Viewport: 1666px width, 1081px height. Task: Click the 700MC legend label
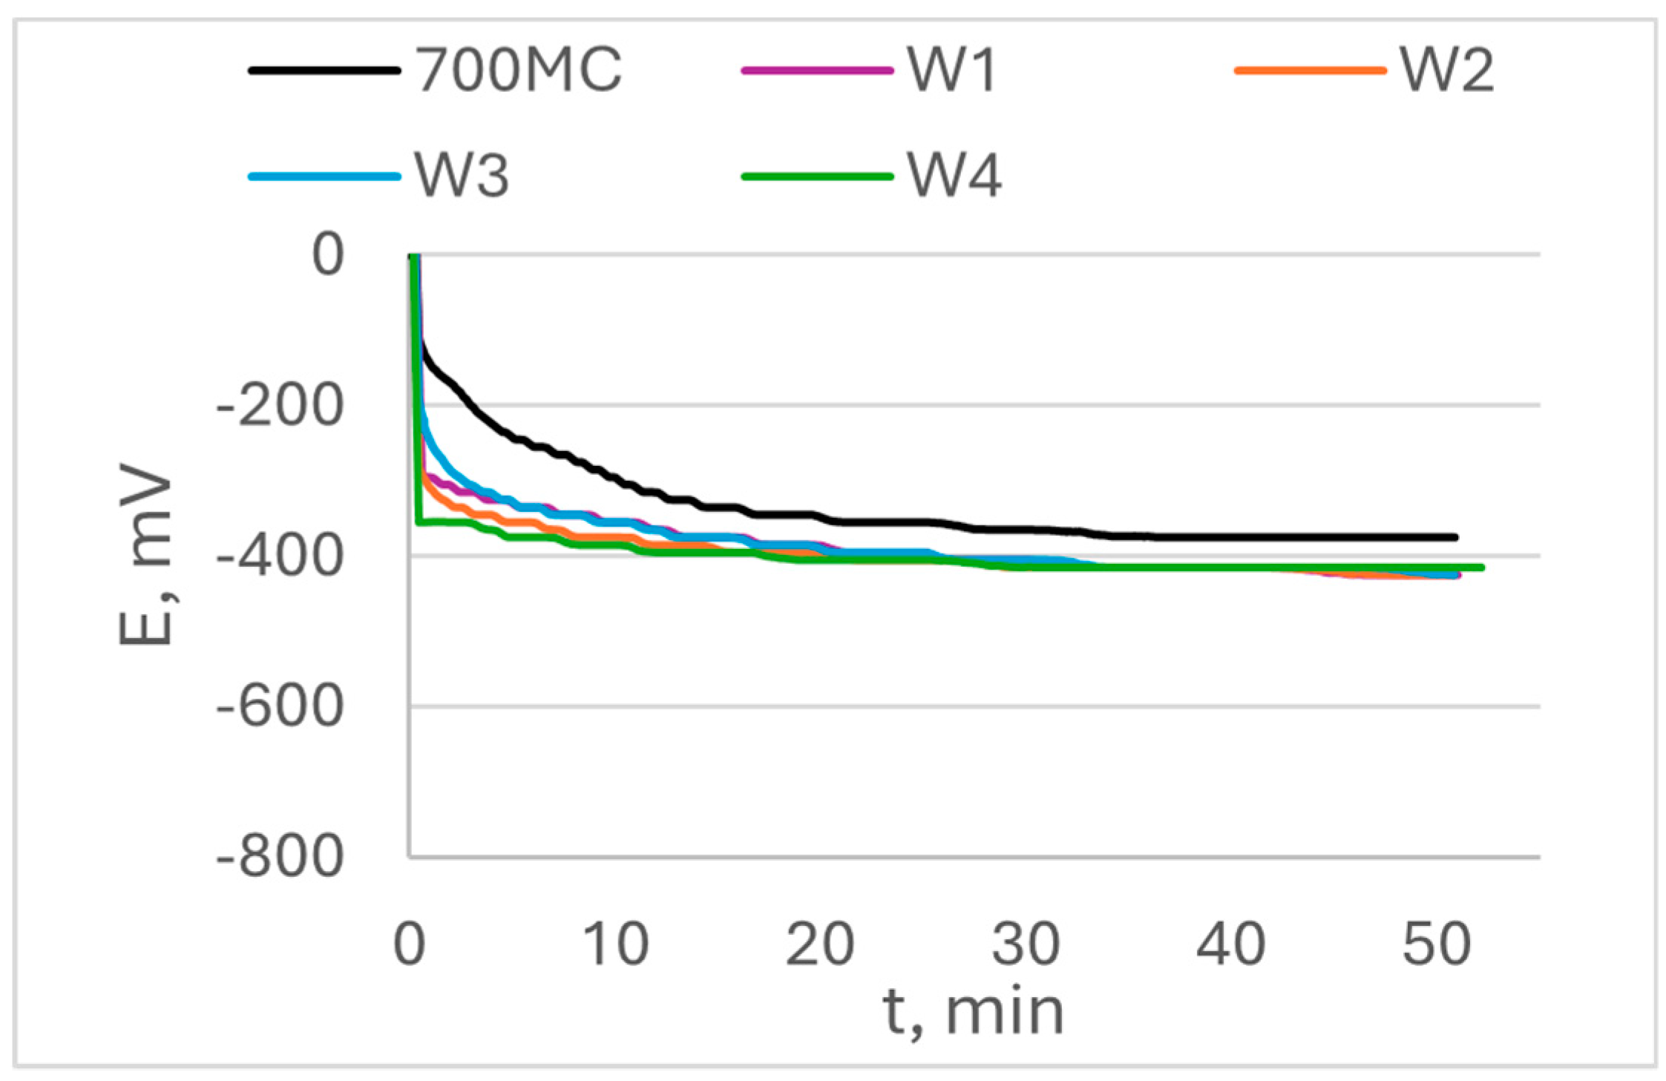pos(518,70)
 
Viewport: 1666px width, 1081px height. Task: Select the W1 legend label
pos(952,70)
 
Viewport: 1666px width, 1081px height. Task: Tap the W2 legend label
pos(1446,70)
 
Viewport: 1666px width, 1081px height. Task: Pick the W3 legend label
pos(462,177)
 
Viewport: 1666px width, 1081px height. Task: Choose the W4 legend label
pos(954,177)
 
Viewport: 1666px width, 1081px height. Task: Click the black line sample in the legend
pos(324,70)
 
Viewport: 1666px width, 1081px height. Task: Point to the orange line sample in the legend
pos(1310,70)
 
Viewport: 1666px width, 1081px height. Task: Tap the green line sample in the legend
pos(817,177)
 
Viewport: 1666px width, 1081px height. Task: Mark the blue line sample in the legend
pos(324,177)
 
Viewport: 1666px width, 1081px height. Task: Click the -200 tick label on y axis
pos(281,406)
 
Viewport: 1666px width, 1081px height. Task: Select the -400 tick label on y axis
pos(281,556)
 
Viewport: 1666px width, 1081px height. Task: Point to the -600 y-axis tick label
pos(281,707)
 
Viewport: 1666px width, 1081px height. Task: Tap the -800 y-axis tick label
pos(281,858)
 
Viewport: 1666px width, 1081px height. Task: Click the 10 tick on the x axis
pos(615,944)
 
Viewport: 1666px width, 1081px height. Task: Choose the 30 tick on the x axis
pos(1026,944)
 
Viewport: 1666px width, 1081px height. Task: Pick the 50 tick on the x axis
pos(1436,944)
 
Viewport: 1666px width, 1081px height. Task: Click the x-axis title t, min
pos(974,1012)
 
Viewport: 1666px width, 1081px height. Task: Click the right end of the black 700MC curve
pos(1455,537)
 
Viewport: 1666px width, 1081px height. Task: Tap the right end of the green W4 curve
pos(1481,568)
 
